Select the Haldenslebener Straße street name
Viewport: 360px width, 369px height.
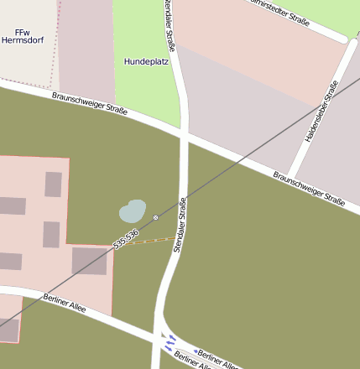[321, 111]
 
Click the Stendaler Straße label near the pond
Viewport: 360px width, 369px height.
[181, 221]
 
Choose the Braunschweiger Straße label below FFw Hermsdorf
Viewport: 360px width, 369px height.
[88, 106]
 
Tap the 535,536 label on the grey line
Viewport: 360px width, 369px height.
[126, 238]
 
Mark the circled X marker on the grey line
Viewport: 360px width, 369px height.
[156, 218]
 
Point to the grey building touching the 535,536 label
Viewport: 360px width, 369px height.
[90, 261]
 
